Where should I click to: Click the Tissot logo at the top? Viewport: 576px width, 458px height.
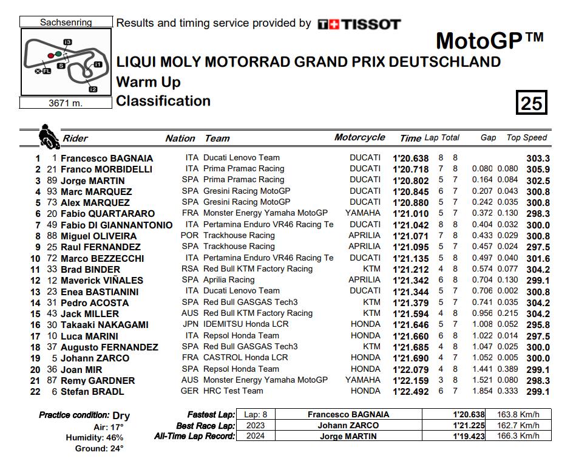point(359,24)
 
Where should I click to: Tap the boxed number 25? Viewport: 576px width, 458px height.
point(531,103)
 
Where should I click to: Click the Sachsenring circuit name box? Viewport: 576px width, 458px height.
point(66,22)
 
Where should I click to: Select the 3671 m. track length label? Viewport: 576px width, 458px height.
point(66,103)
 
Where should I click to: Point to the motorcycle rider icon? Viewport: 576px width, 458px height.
point(46,135)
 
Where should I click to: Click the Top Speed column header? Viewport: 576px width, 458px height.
point(526,138)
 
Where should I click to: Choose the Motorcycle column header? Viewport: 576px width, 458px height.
point(359,138)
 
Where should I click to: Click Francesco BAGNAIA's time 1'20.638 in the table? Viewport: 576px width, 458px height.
point(411,158)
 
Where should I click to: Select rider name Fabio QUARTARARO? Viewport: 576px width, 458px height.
point(107,214)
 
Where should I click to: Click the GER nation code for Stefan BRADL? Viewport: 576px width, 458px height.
point(190,391)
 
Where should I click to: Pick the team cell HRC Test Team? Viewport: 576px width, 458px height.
point(233,391)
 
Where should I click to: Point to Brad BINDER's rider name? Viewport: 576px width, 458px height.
point(90,269)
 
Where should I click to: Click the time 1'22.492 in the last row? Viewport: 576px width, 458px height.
point(411,392)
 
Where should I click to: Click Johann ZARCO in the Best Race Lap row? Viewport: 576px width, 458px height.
point(348,425)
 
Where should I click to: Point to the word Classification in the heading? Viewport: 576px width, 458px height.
point(163,101)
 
